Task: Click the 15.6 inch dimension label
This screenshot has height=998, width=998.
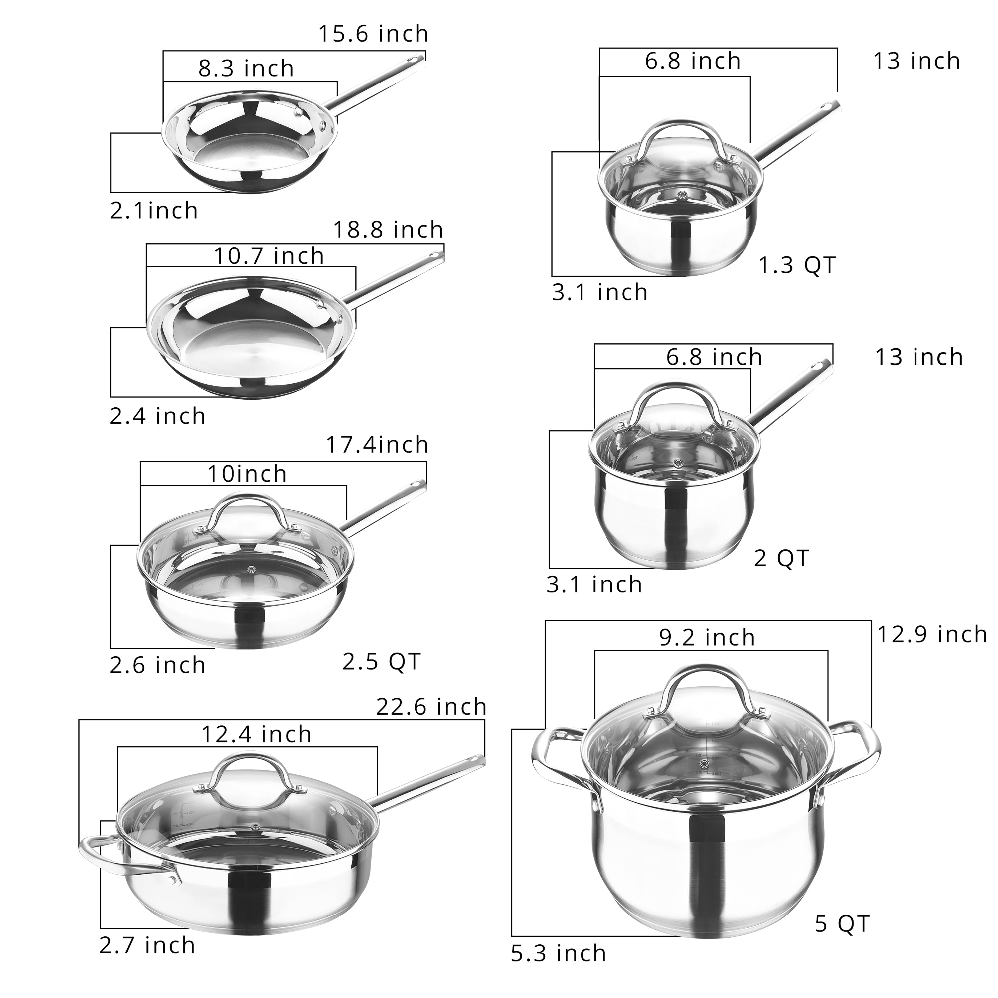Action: tap(373, 34)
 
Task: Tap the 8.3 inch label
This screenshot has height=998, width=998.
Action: tap(246, 69)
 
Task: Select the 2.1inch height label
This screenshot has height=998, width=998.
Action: tap(154, 211)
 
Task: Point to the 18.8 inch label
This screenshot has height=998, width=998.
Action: tap(388, 230)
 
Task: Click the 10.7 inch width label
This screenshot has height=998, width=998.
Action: tap(268, 256)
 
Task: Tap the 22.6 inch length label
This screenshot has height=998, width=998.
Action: tap(431, 707)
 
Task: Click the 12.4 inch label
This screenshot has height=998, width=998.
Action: tap(256, 735)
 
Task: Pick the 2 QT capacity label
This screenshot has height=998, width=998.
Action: tap(781, 559)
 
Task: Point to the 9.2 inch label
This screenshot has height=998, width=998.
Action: tap(707, 638)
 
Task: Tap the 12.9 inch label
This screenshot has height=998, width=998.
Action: tap(932, 634)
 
